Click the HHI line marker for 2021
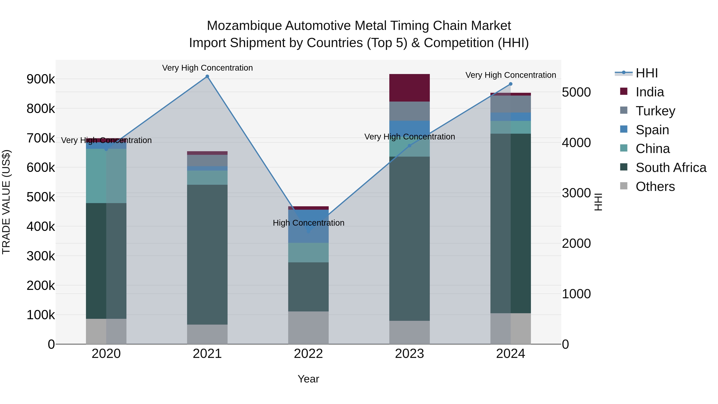pyautogui.click(x=207, y=76)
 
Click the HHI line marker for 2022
pyautogui.click(x=308, y=231)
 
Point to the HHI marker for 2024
pyautogui.click(x=511, y=84)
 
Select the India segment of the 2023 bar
pyautogui.click(x=409, y=88)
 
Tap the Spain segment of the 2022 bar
pyautogui.click(x=308, y=226)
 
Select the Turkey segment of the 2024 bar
pyautogui.click(x=511, y=104)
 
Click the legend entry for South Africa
pyautogui.click(x=670, y=168)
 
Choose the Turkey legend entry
pyautogui.click(x=655, y=111)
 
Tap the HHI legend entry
pyautogui.click(x=646, y=73)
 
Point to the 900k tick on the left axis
pyautogui.click(x=41, y=79)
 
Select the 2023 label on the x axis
pyautogui.click(x=409, y=354)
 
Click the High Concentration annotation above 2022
pyautogui.click(x=308, y=223)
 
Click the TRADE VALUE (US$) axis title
pyautogui.click(x=6, y=202)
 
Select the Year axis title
pyautogui.click(x=308, y=379)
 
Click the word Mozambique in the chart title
pyautogui.click(x=244, y=26)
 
